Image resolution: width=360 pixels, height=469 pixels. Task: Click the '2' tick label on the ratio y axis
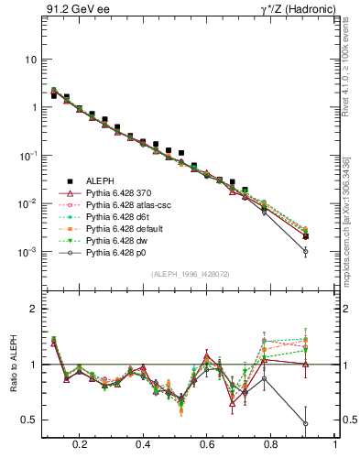[x=33, y=309]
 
